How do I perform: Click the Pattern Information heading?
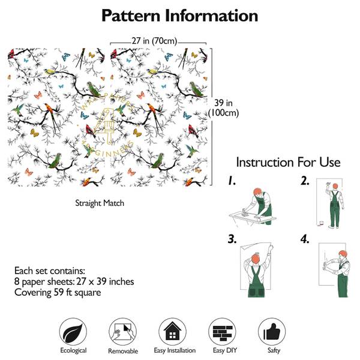pos(180,16)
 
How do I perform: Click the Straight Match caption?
pos(100,203)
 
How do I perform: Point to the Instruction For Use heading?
pos(288,162)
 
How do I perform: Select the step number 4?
pos(305,239)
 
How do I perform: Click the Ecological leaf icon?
pos(73,331)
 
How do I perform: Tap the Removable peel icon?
pos(123,331)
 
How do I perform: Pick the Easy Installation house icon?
pos(173,331)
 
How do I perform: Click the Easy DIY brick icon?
pos(222,331)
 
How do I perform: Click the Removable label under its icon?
pos(123,351)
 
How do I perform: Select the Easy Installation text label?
pos(173,350)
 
